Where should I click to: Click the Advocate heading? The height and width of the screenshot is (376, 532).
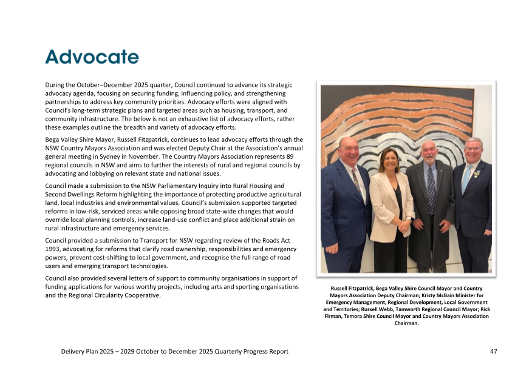(x=92, y=57)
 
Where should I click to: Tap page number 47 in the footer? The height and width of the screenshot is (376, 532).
(x=493, y=352)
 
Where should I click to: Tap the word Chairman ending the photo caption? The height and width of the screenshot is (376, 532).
(x=406, y=323)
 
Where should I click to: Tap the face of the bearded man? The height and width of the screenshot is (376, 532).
(x=429, y=152)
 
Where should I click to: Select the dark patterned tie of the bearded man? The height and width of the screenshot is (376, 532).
(x=431, y=188)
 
